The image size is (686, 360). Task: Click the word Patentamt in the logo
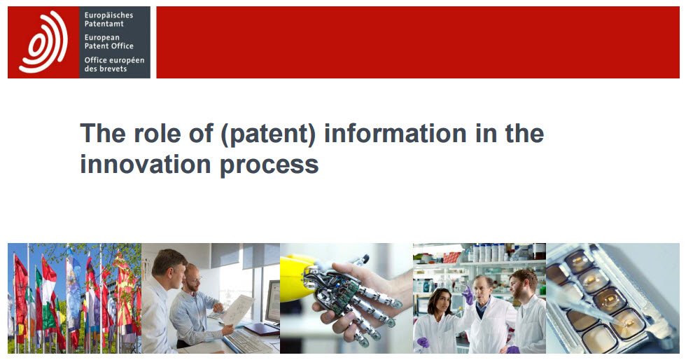tap(104, 24)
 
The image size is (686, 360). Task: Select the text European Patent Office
tap(109, 41)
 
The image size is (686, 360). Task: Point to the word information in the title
tap(395, 133)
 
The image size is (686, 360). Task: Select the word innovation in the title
tap(146, 165)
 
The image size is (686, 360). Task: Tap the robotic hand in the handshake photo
tap(354, 298)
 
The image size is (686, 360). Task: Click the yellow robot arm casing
tap(297, 278)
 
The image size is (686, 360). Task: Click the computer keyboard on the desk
tap(248, 341)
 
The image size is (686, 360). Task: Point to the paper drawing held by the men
tap(239, 309)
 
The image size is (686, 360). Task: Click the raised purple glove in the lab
tap(468, 296)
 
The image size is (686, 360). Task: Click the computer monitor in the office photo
tap(272, 302)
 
